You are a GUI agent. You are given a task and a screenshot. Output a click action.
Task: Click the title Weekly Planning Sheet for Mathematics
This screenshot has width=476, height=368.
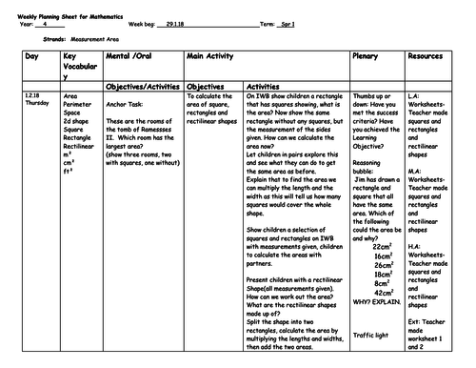click(56, 9)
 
